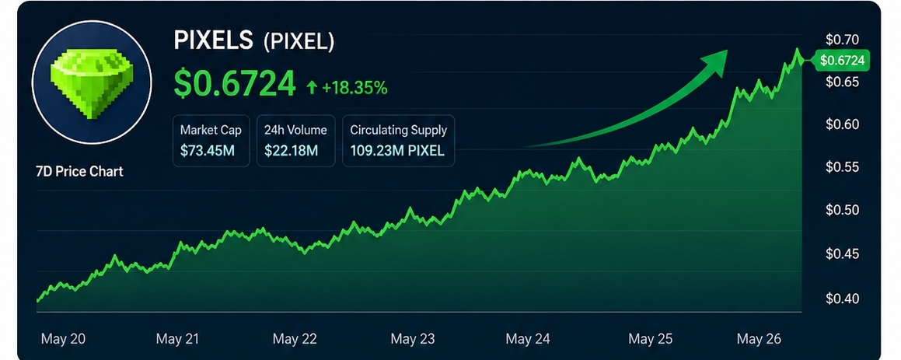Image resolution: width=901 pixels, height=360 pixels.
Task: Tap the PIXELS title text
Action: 213,40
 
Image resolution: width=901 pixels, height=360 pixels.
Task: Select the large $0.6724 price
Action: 235,84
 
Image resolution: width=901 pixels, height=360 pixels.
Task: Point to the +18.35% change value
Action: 354,88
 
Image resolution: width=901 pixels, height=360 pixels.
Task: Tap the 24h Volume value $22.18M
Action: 291,152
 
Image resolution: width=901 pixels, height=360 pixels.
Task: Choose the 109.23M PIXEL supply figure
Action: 397,152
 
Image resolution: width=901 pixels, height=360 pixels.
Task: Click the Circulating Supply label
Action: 398,130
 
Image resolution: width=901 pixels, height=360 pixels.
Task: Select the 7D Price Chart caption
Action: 80,171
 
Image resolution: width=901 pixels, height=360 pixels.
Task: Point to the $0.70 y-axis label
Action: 842,40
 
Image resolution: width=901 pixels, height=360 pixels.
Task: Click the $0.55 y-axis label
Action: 842,167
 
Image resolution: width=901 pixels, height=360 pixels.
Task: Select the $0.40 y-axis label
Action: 842,299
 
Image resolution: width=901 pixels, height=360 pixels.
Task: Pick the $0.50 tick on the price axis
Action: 842,210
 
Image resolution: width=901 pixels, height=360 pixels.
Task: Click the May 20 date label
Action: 63,339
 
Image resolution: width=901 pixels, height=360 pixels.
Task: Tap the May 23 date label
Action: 413,339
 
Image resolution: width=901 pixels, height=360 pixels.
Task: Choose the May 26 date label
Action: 759,339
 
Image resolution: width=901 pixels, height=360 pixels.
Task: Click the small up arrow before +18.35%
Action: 312,87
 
